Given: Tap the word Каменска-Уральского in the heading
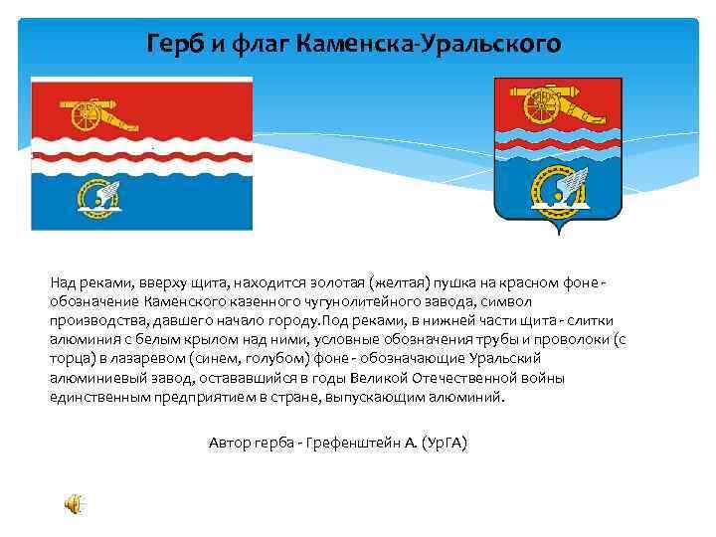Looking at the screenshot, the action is click(429, 44).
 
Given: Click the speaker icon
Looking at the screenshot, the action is click(73, 504).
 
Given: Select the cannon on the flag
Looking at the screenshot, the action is click(98, 114).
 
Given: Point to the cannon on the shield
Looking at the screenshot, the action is click(558, 104).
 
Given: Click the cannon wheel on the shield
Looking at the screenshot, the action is click(542, 106).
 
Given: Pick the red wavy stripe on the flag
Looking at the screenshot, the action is click(142, 157).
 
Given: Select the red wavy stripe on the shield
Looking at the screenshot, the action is click(558, 145).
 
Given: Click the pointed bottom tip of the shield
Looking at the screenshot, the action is click(559, 234).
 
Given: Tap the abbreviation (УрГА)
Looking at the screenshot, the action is click(445, 443).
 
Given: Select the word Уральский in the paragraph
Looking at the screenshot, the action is click(504, 358).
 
